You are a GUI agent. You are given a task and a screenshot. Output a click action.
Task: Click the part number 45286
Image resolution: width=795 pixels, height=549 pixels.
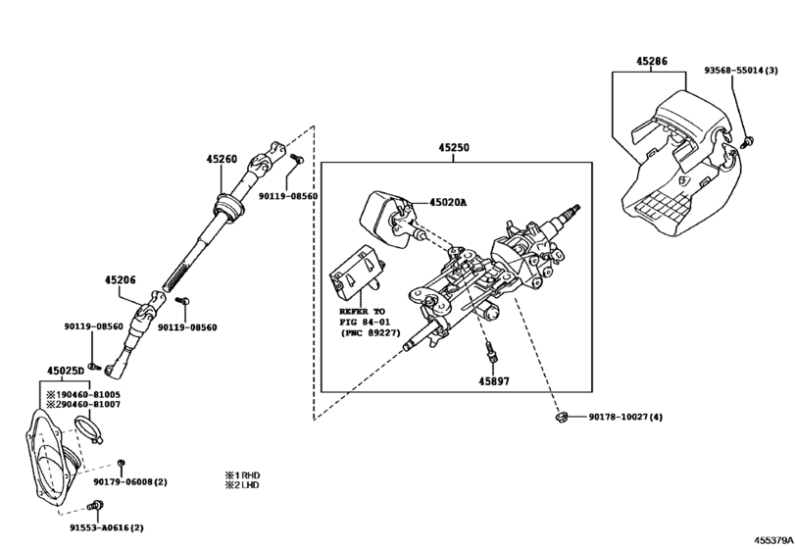[x=651, y=61]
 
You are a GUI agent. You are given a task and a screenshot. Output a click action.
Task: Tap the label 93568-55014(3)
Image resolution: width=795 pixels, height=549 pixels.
[x=741, y=71]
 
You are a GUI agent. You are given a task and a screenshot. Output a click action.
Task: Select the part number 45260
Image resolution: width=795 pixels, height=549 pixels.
[x=222, y=158]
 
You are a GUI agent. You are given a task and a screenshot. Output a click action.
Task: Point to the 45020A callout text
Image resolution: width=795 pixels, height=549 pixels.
[x=448, y=203]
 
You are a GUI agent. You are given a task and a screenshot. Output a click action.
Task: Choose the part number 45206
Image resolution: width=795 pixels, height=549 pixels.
[x=121, y=279]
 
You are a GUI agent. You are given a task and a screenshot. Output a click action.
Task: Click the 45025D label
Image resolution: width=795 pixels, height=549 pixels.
[x=66, y=371]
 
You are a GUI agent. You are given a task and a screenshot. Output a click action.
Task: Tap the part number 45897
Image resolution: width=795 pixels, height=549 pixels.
[x=495, y=380]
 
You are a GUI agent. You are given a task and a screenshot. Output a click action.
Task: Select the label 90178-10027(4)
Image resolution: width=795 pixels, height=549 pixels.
[x=625, y=418]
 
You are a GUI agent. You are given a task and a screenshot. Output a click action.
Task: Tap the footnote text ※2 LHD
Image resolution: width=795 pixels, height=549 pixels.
[x=242, y=485]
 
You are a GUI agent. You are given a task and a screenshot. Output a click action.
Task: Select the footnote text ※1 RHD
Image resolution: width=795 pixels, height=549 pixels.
[x=242, y=474]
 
